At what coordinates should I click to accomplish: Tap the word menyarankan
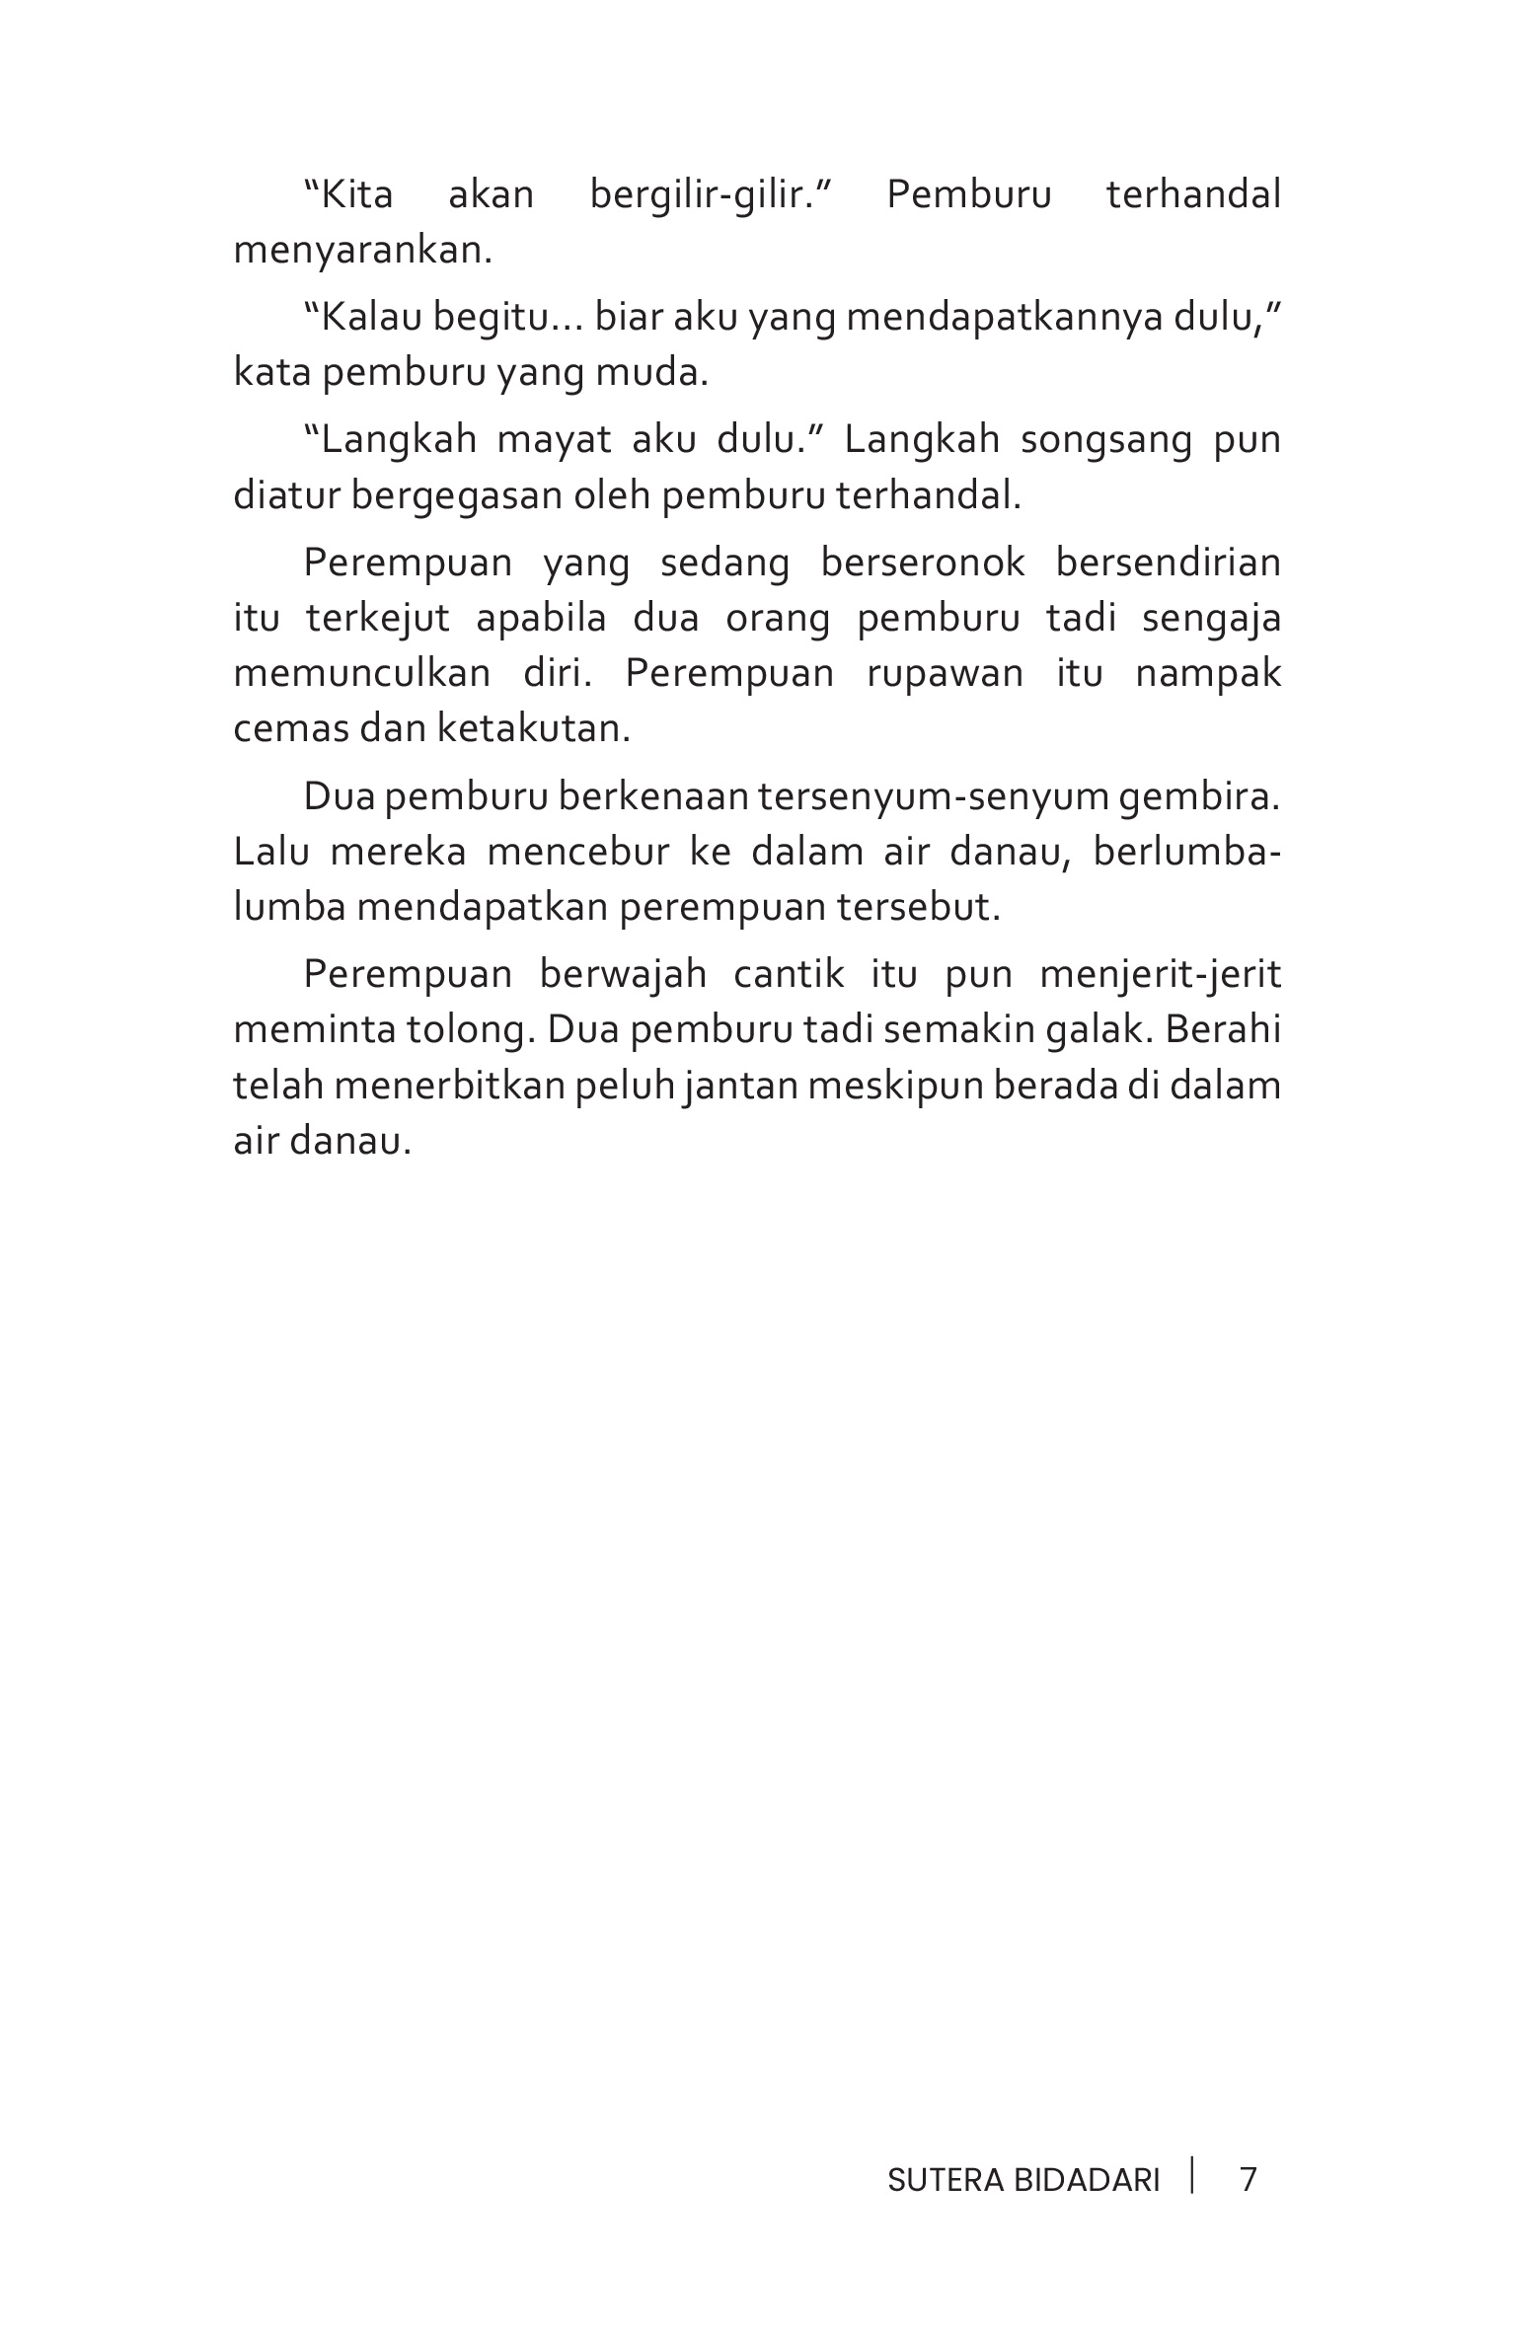[x=362, y=252]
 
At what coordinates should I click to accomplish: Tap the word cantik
[x=790, y=974]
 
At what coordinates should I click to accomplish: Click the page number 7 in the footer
[x=1248, y=2179]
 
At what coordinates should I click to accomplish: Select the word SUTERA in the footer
[x=946, y=2180]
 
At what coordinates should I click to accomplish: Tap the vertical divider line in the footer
[x=1192, y=2175]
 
